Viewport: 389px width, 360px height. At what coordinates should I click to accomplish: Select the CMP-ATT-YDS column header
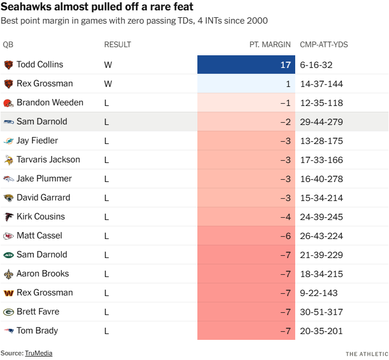coord(324,44)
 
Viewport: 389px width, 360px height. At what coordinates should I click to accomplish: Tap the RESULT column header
coord(117,44)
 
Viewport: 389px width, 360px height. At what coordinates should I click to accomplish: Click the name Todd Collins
coord(40,65)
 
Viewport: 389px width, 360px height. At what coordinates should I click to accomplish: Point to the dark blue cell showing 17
coord(246,65)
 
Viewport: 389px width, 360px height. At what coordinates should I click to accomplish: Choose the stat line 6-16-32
coord(316,65)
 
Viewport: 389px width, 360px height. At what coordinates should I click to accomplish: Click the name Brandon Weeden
coord(50,103)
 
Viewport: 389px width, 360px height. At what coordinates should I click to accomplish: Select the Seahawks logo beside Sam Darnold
coord(9,122)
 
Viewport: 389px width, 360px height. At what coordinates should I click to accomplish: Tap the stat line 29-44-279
coord(322,122)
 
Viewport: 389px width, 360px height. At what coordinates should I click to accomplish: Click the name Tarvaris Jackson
coord(48,160)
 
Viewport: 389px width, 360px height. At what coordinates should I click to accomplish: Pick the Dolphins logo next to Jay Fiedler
coord(9,141)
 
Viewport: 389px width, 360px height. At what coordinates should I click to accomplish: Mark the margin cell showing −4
coord(246,217)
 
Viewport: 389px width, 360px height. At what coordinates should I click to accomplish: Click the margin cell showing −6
coord(246,236)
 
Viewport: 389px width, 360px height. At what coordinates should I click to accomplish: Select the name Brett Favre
coord(38,312)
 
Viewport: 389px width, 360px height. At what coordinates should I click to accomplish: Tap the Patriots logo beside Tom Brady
coord(9,331)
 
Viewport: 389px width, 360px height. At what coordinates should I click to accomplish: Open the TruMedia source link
coord(38,353)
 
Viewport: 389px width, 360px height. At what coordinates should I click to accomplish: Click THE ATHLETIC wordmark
coord(367,353)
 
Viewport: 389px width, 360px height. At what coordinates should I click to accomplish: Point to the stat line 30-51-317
coord(322,312)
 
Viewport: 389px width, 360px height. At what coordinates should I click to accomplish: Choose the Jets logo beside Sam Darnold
coord(9,255)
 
